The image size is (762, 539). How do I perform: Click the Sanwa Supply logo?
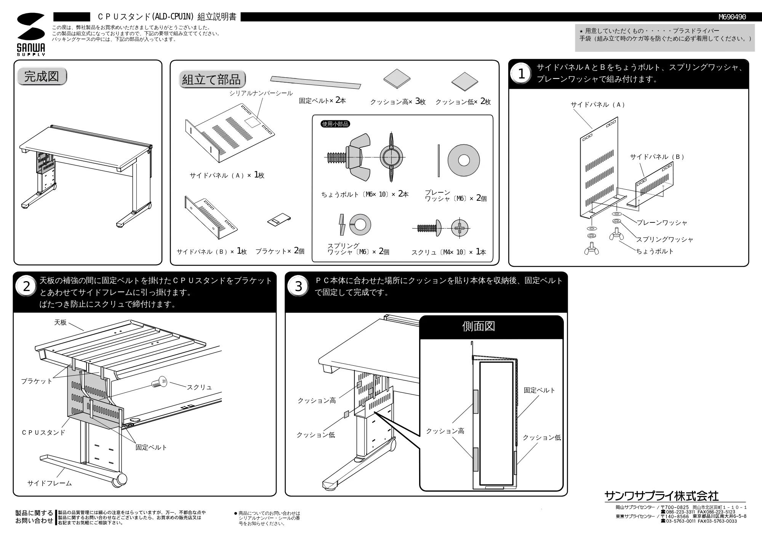31,34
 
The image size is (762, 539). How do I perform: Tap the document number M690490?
732,17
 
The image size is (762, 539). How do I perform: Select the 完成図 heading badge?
42,76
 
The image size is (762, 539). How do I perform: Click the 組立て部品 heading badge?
212,79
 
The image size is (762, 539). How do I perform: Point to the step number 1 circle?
521,74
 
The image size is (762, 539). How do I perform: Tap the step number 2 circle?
26,286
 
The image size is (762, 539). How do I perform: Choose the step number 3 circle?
298,286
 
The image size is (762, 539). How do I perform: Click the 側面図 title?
479,326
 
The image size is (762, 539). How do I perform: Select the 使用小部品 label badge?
335,124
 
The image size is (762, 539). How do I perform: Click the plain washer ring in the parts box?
463,160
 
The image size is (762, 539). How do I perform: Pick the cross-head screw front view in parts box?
460,229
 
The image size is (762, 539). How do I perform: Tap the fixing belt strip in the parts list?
315,82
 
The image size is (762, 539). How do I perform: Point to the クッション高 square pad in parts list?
397,78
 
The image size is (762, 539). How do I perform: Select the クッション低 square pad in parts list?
464,82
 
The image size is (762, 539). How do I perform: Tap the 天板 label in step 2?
60,322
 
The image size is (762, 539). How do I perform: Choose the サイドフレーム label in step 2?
50,483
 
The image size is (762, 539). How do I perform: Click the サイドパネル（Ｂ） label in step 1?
657,157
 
